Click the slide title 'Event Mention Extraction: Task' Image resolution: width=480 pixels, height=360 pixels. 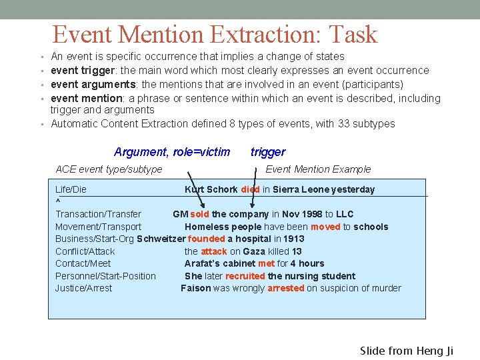click(215, 34)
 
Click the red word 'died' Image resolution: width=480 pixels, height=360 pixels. click(250, 189)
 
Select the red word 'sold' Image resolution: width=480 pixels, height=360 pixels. click(199, 214)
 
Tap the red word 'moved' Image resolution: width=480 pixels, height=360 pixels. click(325, 227)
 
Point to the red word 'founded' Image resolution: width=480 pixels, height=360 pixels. click(206, 239)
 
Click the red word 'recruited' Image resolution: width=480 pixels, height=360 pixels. click(245, 276)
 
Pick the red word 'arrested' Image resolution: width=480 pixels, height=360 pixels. click(285, 288)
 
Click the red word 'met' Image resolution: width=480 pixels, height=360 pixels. click(266, 263)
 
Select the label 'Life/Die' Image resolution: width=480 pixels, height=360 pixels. click(71, 189)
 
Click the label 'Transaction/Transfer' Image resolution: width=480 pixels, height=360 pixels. click(98, 214)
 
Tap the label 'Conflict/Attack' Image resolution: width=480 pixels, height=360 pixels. click(85, 251)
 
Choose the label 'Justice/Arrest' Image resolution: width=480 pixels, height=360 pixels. click(83, 288)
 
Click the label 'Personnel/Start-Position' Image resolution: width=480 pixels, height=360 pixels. click(105, 276)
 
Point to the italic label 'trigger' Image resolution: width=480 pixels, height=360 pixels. click(267, 152)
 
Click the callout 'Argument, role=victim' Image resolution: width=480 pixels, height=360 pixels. click(172, 152)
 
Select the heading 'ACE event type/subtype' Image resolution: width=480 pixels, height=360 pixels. click(109, 169)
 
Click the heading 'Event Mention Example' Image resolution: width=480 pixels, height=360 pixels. click(318, 169)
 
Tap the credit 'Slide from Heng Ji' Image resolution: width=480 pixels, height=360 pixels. click(406, 351)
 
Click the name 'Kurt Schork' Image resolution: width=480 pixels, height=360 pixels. click(211, 189)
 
